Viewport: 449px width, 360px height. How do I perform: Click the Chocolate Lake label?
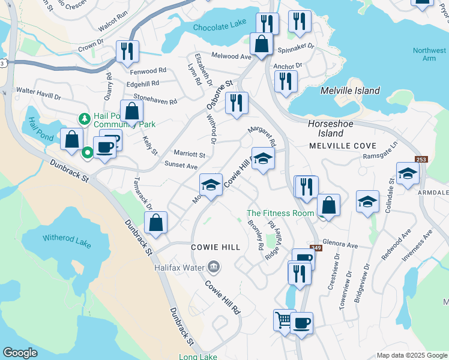click(x=220, y=27)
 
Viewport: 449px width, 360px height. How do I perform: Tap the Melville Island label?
click(x=350, y=91)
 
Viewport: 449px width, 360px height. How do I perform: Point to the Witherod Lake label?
click(x=67, y=238)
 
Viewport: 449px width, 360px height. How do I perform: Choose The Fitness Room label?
click(x=280, y=213)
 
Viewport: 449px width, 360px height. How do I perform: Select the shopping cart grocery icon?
click(x=284, y=319)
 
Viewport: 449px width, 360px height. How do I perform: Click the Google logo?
click(x=20, y=353)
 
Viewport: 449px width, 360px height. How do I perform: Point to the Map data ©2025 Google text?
click(x=412, y=355)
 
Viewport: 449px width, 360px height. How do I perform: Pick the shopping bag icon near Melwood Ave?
click(x=262, y=44)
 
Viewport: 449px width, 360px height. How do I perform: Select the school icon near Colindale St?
click(x=408, y=174)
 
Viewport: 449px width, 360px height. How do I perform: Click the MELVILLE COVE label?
click(x=342, y=146)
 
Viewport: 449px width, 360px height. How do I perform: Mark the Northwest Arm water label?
click(x=429, y=55)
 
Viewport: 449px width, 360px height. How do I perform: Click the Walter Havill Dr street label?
click(x=38, y=92)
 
